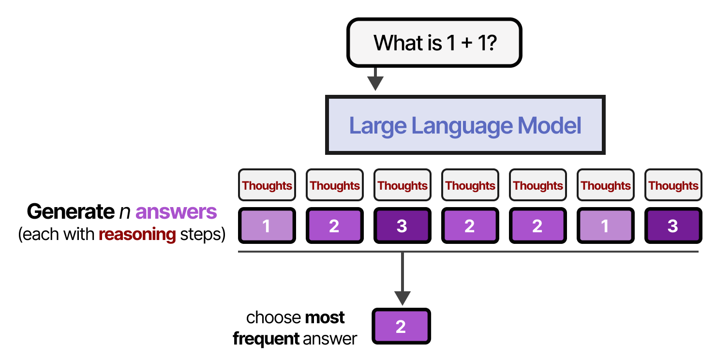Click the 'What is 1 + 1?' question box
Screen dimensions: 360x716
[434, 43]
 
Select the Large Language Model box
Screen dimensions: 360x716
[465, 125]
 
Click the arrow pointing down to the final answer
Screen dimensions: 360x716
[402, 281]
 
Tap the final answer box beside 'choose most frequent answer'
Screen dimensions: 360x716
[401, 327]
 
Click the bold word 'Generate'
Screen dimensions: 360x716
[69, 212]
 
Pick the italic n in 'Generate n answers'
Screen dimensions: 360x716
[123, 212]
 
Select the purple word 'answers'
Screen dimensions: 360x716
[176, 212]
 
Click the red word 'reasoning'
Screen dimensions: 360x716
[137, 235]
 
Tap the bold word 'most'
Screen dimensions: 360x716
[325, 317]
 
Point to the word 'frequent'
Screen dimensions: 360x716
[266, 339]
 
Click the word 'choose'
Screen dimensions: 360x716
[273, 317]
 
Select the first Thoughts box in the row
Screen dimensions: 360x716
[267, 185]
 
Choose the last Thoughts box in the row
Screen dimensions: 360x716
[673, 185]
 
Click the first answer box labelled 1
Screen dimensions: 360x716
[267, 226]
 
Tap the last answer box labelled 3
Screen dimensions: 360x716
[673, 226]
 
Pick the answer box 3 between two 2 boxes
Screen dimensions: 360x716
[402, 226]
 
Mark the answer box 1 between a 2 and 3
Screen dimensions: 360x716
[605, 226]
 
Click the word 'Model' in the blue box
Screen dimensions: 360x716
[549, 126]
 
